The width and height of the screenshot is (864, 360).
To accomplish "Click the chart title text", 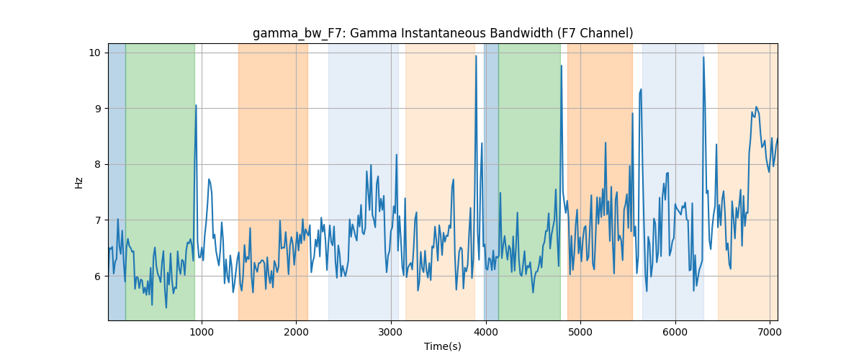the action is click(443, 34).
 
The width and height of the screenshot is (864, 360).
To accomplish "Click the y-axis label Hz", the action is click(78, 183).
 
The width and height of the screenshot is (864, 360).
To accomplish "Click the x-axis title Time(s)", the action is click(443, 346).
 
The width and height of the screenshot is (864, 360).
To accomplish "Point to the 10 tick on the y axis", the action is click(95, 53).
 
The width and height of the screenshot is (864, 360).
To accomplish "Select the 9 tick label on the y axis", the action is click(98, 109).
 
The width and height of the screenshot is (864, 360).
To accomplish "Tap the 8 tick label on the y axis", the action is click(98, 164).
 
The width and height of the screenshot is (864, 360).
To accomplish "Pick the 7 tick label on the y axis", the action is click(98, 220).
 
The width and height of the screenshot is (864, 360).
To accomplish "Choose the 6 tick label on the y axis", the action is click(98, 276).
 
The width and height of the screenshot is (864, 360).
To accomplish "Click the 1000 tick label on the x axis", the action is click(202, 332).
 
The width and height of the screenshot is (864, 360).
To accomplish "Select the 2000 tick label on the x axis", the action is click(296, 332).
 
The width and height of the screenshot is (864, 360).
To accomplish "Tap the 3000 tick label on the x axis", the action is click(391, 332).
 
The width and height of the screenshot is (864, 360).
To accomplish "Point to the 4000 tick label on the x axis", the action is click(486, 332).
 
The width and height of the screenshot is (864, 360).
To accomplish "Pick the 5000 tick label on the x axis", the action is click(580, 332).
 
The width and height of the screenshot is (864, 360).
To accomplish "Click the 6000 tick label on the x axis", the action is click(675, 332).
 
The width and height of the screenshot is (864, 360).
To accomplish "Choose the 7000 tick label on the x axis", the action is click(770, 332).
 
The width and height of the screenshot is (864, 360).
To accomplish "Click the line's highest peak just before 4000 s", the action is click(477, 56).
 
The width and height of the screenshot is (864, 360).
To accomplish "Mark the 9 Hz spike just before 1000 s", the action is click(196, 105).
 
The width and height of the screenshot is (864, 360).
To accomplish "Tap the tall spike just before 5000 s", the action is click(562, 66).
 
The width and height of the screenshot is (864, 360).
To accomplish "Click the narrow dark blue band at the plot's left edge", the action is click(117, 181).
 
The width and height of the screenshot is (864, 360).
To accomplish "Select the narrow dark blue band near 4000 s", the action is click(491, 181).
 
